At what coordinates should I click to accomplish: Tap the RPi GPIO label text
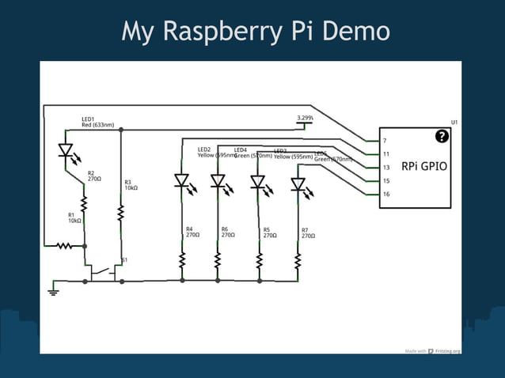pyautogui.click(x=425, y=167)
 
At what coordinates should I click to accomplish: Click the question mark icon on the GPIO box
pyautogui.click(x=442, y=136)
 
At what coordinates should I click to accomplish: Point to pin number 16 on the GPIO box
pyautogui.click(x=385, y=194)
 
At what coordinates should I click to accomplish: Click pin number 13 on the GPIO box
pyautogui.click(x=385, y=168)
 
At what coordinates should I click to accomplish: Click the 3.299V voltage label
pyautogui.click(x=305, y=118)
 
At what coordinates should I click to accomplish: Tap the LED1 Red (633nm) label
pyautogui.click(x=97, y=122)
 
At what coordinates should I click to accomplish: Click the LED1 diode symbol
pyautogui.click(x=66, y=150)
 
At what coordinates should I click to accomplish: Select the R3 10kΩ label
pyautogui.click(x=131, y=185)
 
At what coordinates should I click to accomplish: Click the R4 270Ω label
pyautogui.click(x=193, y=232)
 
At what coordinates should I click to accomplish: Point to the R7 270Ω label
pyautogui.click(x=308, y=232)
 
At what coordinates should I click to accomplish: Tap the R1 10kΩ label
pyautogui.click(x=74, y=217)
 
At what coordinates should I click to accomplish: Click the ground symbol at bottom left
pyautogui.click(x=54, y=291)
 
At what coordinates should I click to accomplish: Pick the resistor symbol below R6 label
pyautogui.click(x=218, y=260)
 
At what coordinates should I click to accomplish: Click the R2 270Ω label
pyautogui.click(x=95, y=176)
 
